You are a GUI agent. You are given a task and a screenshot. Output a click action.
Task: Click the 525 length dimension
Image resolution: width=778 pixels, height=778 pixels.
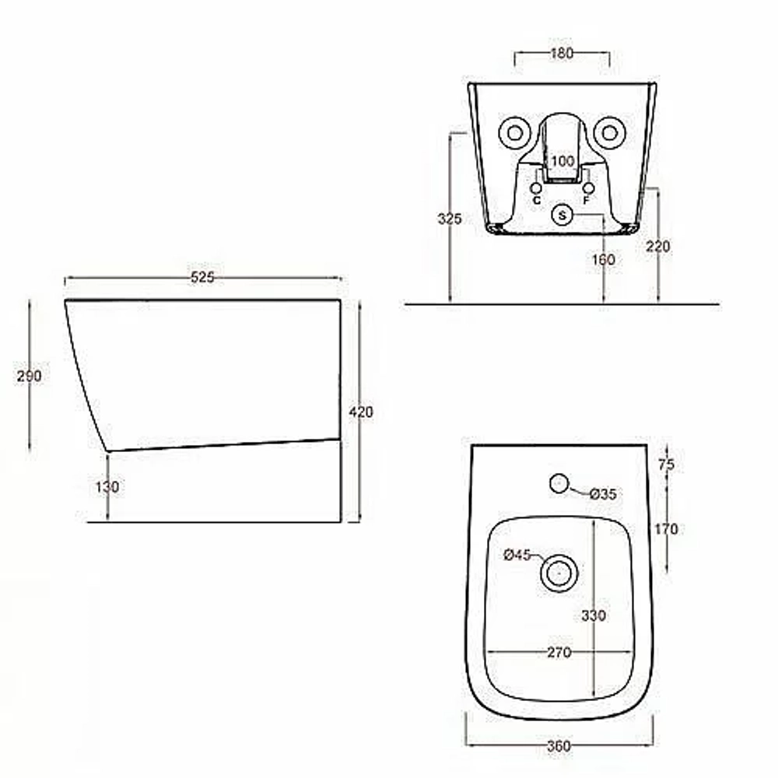pyautogui.click(x=202, y=278)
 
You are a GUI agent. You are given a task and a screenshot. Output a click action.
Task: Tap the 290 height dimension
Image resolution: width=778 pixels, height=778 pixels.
pyautogui.click(x=30, y=376)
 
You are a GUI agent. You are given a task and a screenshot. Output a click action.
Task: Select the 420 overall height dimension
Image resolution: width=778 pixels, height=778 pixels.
pyautogui.click(x=361, y=412)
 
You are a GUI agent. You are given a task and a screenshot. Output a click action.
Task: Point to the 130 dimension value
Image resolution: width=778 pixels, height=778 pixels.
pyautogui.click(x=107, y=487)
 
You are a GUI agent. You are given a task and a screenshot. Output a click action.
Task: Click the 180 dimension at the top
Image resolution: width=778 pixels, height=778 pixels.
pyautogui.click(x=562, y=53)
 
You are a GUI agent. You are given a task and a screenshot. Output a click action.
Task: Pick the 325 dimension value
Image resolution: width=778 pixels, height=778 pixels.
pyautogui.click(x=450, y=219)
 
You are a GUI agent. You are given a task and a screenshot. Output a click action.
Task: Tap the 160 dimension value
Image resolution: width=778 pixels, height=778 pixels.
pyautogui.click(x=604, y=259)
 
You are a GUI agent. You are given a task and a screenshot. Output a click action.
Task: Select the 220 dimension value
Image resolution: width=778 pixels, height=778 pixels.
pyautogui.click(x=658, y=246)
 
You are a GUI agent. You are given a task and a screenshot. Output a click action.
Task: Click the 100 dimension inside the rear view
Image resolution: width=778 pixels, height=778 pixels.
pyautogui.click(x=562, y=161)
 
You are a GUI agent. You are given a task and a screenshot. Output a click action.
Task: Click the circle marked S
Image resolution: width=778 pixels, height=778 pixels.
pyautogui.click(x=562, y=216)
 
